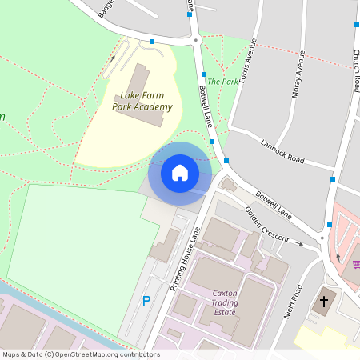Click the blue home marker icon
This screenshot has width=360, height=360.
coord(180,172)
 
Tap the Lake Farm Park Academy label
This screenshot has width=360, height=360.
coord(142,102)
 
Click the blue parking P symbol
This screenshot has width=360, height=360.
coord(146,302)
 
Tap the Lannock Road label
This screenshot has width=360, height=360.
coord(283,151)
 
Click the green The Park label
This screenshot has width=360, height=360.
coord(223,82)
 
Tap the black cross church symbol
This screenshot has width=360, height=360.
coord(324,302)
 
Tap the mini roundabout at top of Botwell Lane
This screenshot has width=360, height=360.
coord(195,39)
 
